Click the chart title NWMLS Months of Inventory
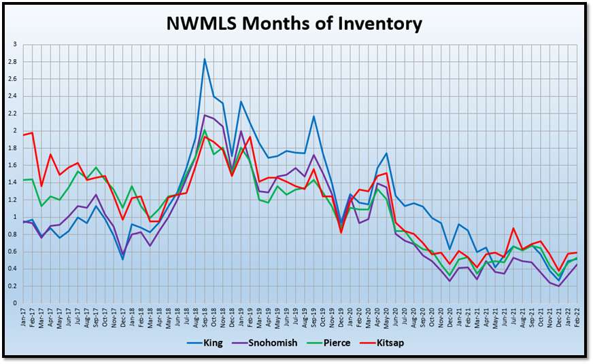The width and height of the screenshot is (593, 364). coord(294,24)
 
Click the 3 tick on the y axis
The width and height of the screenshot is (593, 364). coord(15,45)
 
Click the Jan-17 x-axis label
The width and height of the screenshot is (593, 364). coord(23,316)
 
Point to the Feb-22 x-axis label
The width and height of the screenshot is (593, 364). coord(577,316)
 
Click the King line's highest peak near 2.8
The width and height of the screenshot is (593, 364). coord(205,59)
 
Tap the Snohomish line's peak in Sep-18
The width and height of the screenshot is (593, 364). coord(205,115)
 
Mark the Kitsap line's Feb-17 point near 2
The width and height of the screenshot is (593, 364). coord(32,132)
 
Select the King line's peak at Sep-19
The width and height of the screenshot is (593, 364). coord(314,116)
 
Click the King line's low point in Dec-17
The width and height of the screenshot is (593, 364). coord(123,259)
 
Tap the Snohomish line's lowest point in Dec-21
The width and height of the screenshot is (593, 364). coord(559,286)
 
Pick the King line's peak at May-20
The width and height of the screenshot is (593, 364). coord(386,153)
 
